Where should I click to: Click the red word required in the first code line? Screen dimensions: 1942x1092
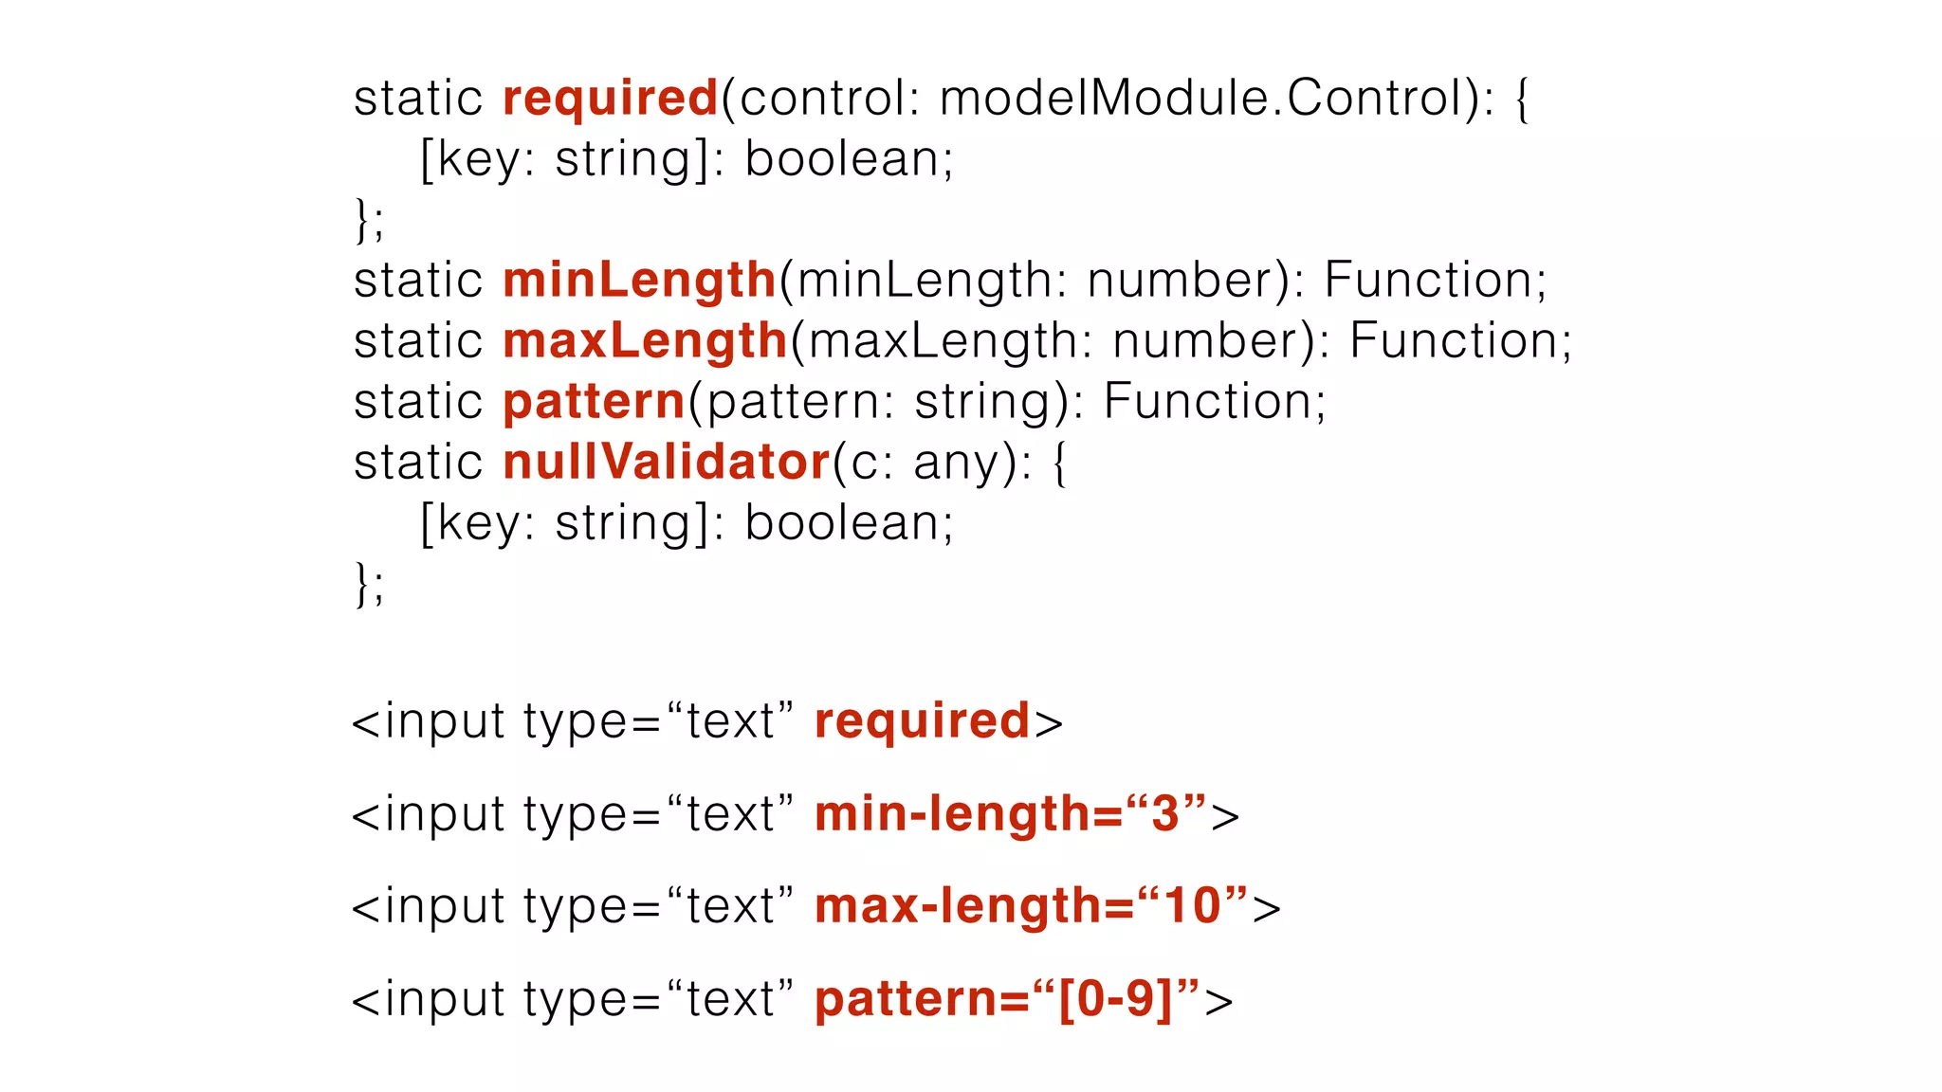click(x=610, y=99)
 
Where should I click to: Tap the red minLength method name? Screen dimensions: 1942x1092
click(x=639, y=281)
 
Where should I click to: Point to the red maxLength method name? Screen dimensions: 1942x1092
click(x=645, y=341)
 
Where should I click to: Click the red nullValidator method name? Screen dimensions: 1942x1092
click(x=666, y=463)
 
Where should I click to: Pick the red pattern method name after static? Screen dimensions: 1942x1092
click(x=594, y=402)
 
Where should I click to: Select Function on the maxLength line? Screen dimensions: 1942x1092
click(x=1458, y=341)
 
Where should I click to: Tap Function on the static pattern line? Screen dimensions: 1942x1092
click(x=1213, y=402)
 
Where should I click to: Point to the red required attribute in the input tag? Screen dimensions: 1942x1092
click(x=922, y=721)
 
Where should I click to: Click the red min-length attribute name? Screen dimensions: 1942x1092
click(x=953, y=814)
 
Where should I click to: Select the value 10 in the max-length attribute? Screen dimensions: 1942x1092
click(x=1192, y=906)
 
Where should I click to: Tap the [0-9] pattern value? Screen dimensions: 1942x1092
click(x=1115, y=999)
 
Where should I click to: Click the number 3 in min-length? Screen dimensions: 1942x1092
click(x=1165, y=814)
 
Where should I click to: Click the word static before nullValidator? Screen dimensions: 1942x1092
click(x=418, y=463)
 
